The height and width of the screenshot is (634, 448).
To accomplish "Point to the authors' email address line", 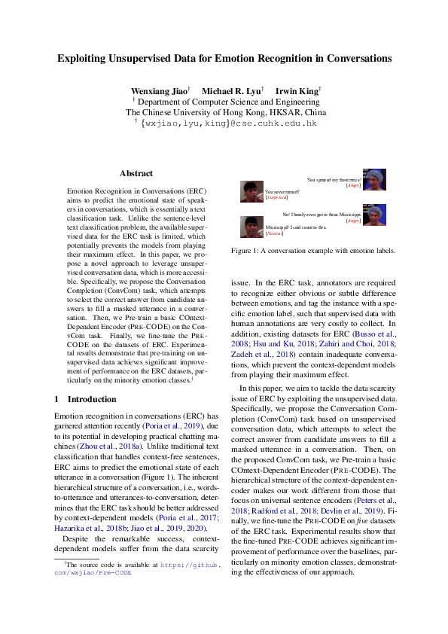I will pyautogui.click(x=225, y=122).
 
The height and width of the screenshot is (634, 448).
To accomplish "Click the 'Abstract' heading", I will pyautogui.click(x=136, y=173).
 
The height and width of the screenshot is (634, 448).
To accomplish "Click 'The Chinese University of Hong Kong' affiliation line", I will pyautogui.click(x=225, y=111).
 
